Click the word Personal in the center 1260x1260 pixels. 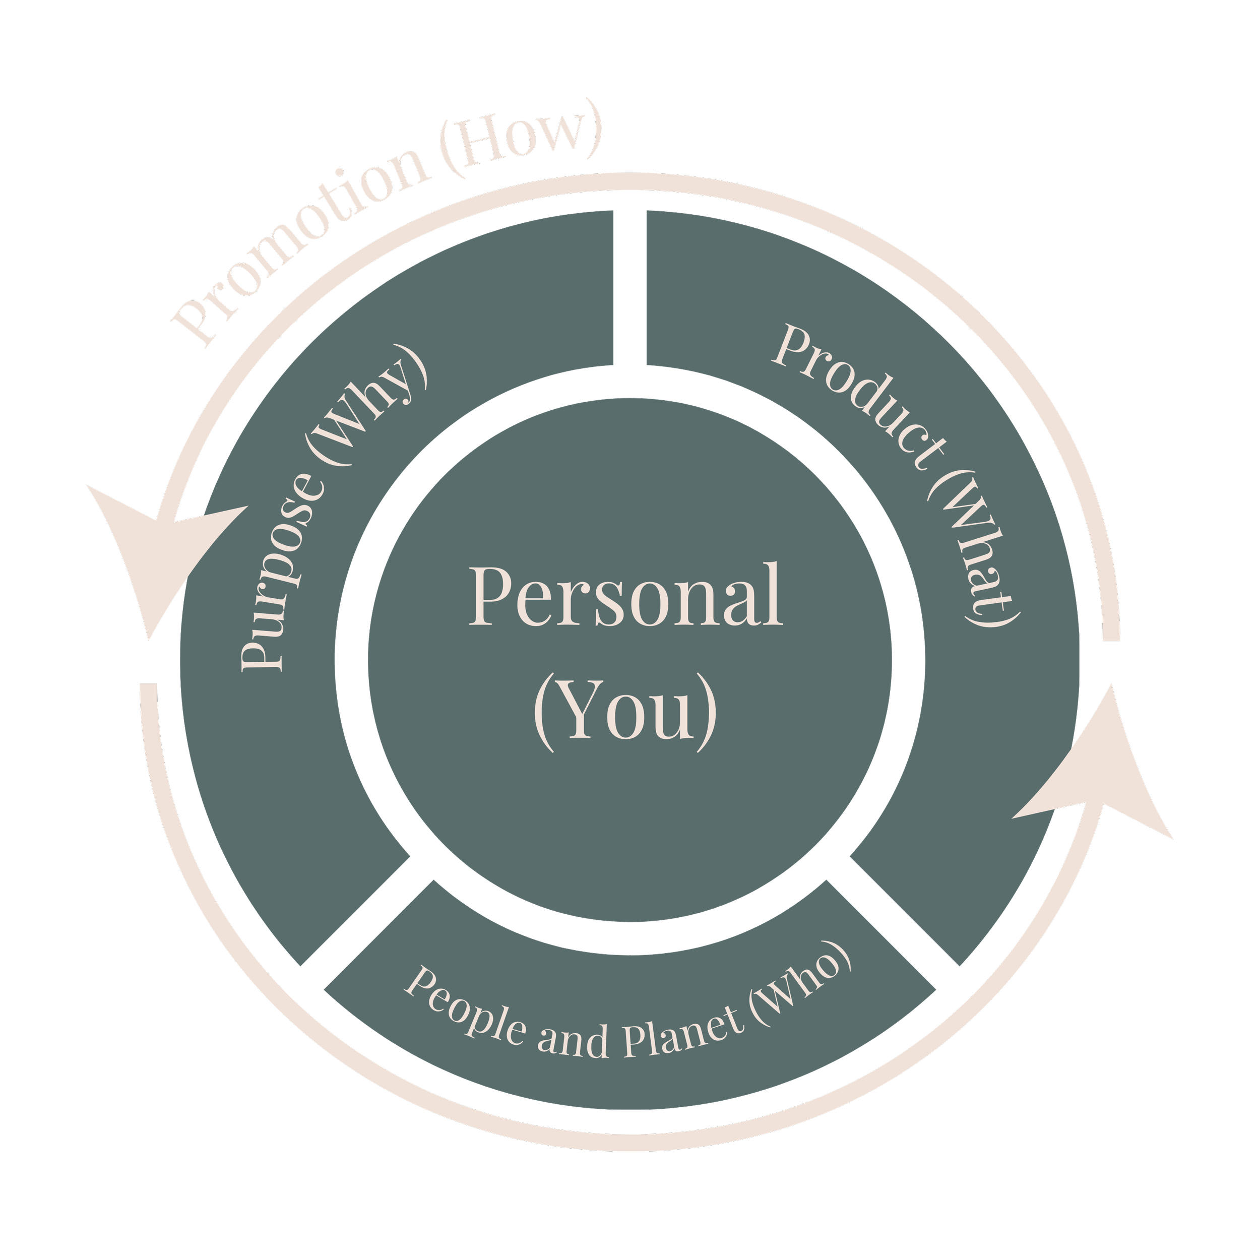[x=626, y=595]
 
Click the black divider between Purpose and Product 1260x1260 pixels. [x=630, y=287]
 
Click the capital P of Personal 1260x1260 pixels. [x=489, y=595]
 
